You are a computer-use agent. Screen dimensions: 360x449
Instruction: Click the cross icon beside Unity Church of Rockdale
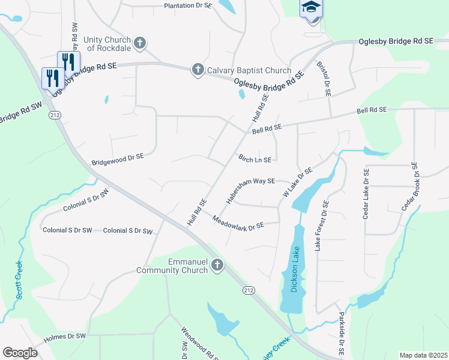tap(140, 43)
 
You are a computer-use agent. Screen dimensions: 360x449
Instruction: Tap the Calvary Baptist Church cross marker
tap(197, 70)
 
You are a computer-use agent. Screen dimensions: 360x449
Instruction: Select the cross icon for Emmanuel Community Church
tap(217, 265)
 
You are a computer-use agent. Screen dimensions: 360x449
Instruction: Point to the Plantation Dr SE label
tap(188, 5)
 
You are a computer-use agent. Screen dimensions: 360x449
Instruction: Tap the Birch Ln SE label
tap(255, 160)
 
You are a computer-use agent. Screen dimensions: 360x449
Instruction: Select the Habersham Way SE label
tap(250, 190)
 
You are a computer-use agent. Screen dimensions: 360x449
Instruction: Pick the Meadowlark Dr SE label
tap(238, 221)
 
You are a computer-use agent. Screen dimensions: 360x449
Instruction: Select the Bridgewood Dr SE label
tap(118, 159)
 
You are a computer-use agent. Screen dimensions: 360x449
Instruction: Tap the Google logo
tap(20, 353)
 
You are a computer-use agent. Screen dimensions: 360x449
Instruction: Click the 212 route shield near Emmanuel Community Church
tap(247, 290)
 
